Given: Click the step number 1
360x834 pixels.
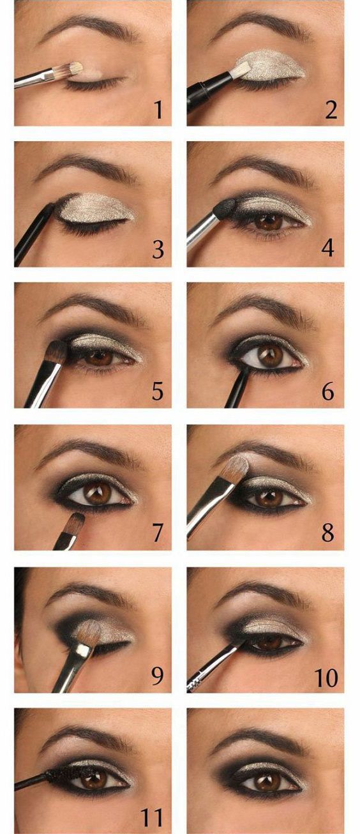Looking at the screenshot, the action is [x=158, y=110].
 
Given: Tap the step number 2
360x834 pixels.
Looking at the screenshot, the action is [x=331, y=110].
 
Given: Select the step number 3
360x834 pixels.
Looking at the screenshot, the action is [x=158, y=249].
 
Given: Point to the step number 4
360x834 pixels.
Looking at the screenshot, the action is [x=327, y=248].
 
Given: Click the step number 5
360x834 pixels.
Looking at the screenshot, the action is [x=158, y=391].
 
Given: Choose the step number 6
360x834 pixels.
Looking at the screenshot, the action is [x=327, y=391].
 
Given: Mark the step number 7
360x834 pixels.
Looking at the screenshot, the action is [x=158, y=533].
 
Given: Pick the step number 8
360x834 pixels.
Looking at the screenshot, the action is [x=327, y=533].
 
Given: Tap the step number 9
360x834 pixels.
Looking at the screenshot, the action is [x=158, y=675].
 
